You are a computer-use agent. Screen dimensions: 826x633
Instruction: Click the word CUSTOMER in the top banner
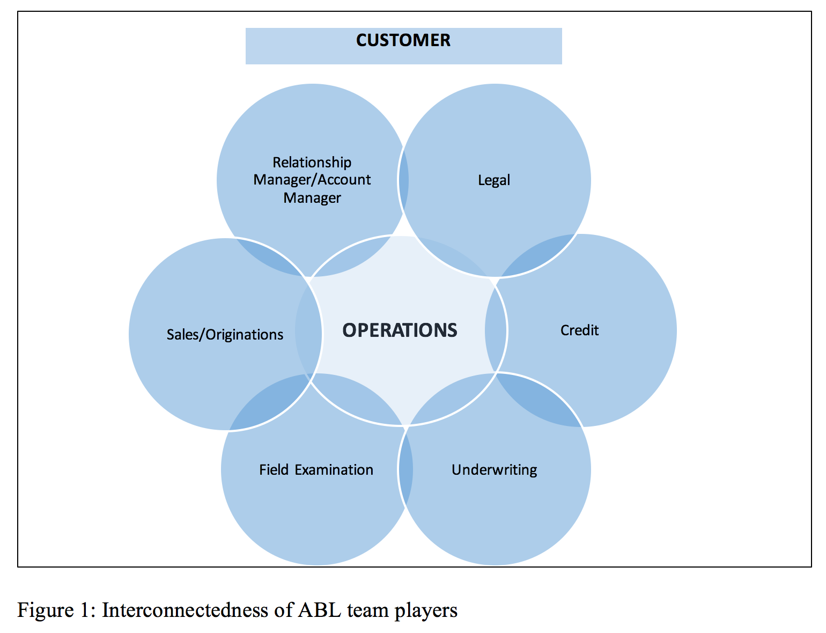pos(403,40)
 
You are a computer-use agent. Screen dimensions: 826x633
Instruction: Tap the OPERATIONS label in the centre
pos(400,330)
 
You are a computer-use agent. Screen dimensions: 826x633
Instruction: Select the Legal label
pos(494,180)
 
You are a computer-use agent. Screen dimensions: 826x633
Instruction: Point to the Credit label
pos(579,330)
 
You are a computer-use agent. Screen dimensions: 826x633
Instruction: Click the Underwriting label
pos(494,470)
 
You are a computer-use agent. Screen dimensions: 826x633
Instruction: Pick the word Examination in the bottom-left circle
pos(334,470)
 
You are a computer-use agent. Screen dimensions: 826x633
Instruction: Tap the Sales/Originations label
pos(225,335)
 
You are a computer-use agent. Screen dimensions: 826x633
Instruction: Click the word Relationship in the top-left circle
pos(312,163)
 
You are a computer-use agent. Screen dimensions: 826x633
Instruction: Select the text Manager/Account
pos(312,180)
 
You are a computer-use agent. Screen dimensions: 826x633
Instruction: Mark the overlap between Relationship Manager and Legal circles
pos(403,180)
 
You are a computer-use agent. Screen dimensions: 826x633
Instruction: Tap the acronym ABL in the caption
pos(319,610)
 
